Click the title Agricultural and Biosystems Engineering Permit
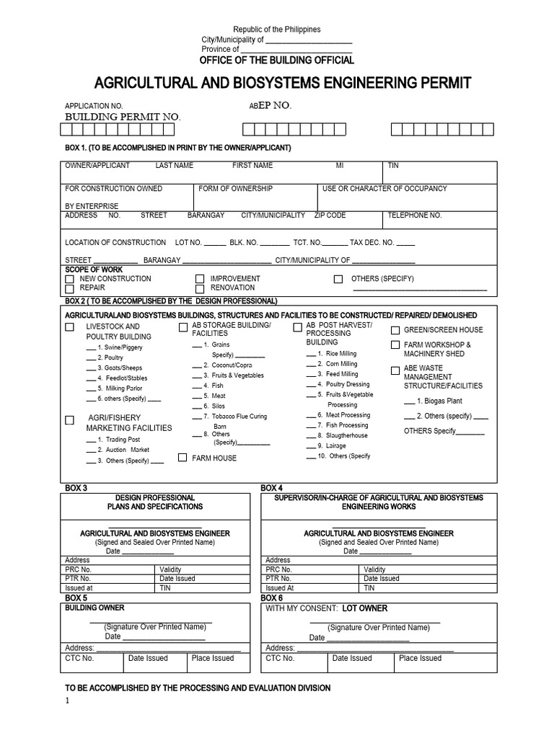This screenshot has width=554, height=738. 282,84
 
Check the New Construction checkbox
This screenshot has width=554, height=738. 69,279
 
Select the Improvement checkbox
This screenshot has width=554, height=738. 200,279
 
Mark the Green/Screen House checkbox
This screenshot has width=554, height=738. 395,330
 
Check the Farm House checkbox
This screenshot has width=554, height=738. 183,458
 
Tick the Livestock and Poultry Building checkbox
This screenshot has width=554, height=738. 69,327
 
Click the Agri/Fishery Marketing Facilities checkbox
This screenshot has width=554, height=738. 69,419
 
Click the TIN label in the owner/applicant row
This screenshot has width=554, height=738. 393,166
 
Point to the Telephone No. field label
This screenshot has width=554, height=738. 414,215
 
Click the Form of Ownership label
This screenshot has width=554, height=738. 236,189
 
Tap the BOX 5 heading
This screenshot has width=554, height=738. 76,598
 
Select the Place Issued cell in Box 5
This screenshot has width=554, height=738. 213,658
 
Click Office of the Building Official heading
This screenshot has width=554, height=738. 277,60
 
